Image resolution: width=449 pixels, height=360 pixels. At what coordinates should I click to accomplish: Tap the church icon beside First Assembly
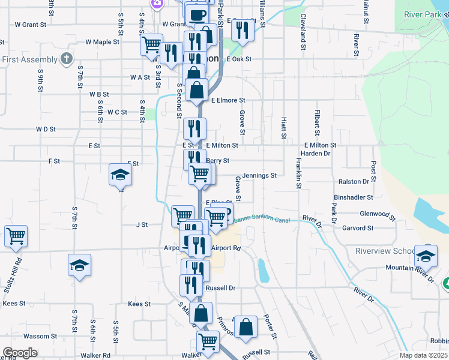click(67, 59)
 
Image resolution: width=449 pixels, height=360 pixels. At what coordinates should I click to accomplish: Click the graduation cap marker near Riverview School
click(426, 256)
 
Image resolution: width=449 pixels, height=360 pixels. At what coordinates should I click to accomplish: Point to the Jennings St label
click(259, 176)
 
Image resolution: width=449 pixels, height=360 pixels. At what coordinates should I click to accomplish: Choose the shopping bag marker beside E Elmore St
click(197, 90)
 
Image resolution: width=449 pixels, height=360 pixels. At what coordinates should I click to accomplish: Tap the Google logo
click(20, 353)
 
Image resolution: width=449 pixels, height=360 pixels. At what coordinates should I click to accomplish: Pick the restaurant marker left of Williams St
click(242, 29)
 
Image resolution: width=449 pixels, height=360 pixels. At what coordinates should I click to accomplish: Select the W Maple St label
click(103, 42)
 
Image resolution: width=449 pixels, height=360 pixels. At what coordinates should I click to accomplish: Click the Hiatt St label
click(283, 125)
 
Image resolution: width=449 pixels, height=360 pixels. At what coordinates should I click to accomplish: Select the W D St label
click(46, 129)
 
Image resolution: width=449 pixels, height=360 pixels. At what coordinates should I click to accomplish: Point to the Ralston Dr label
click(354, 181)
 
